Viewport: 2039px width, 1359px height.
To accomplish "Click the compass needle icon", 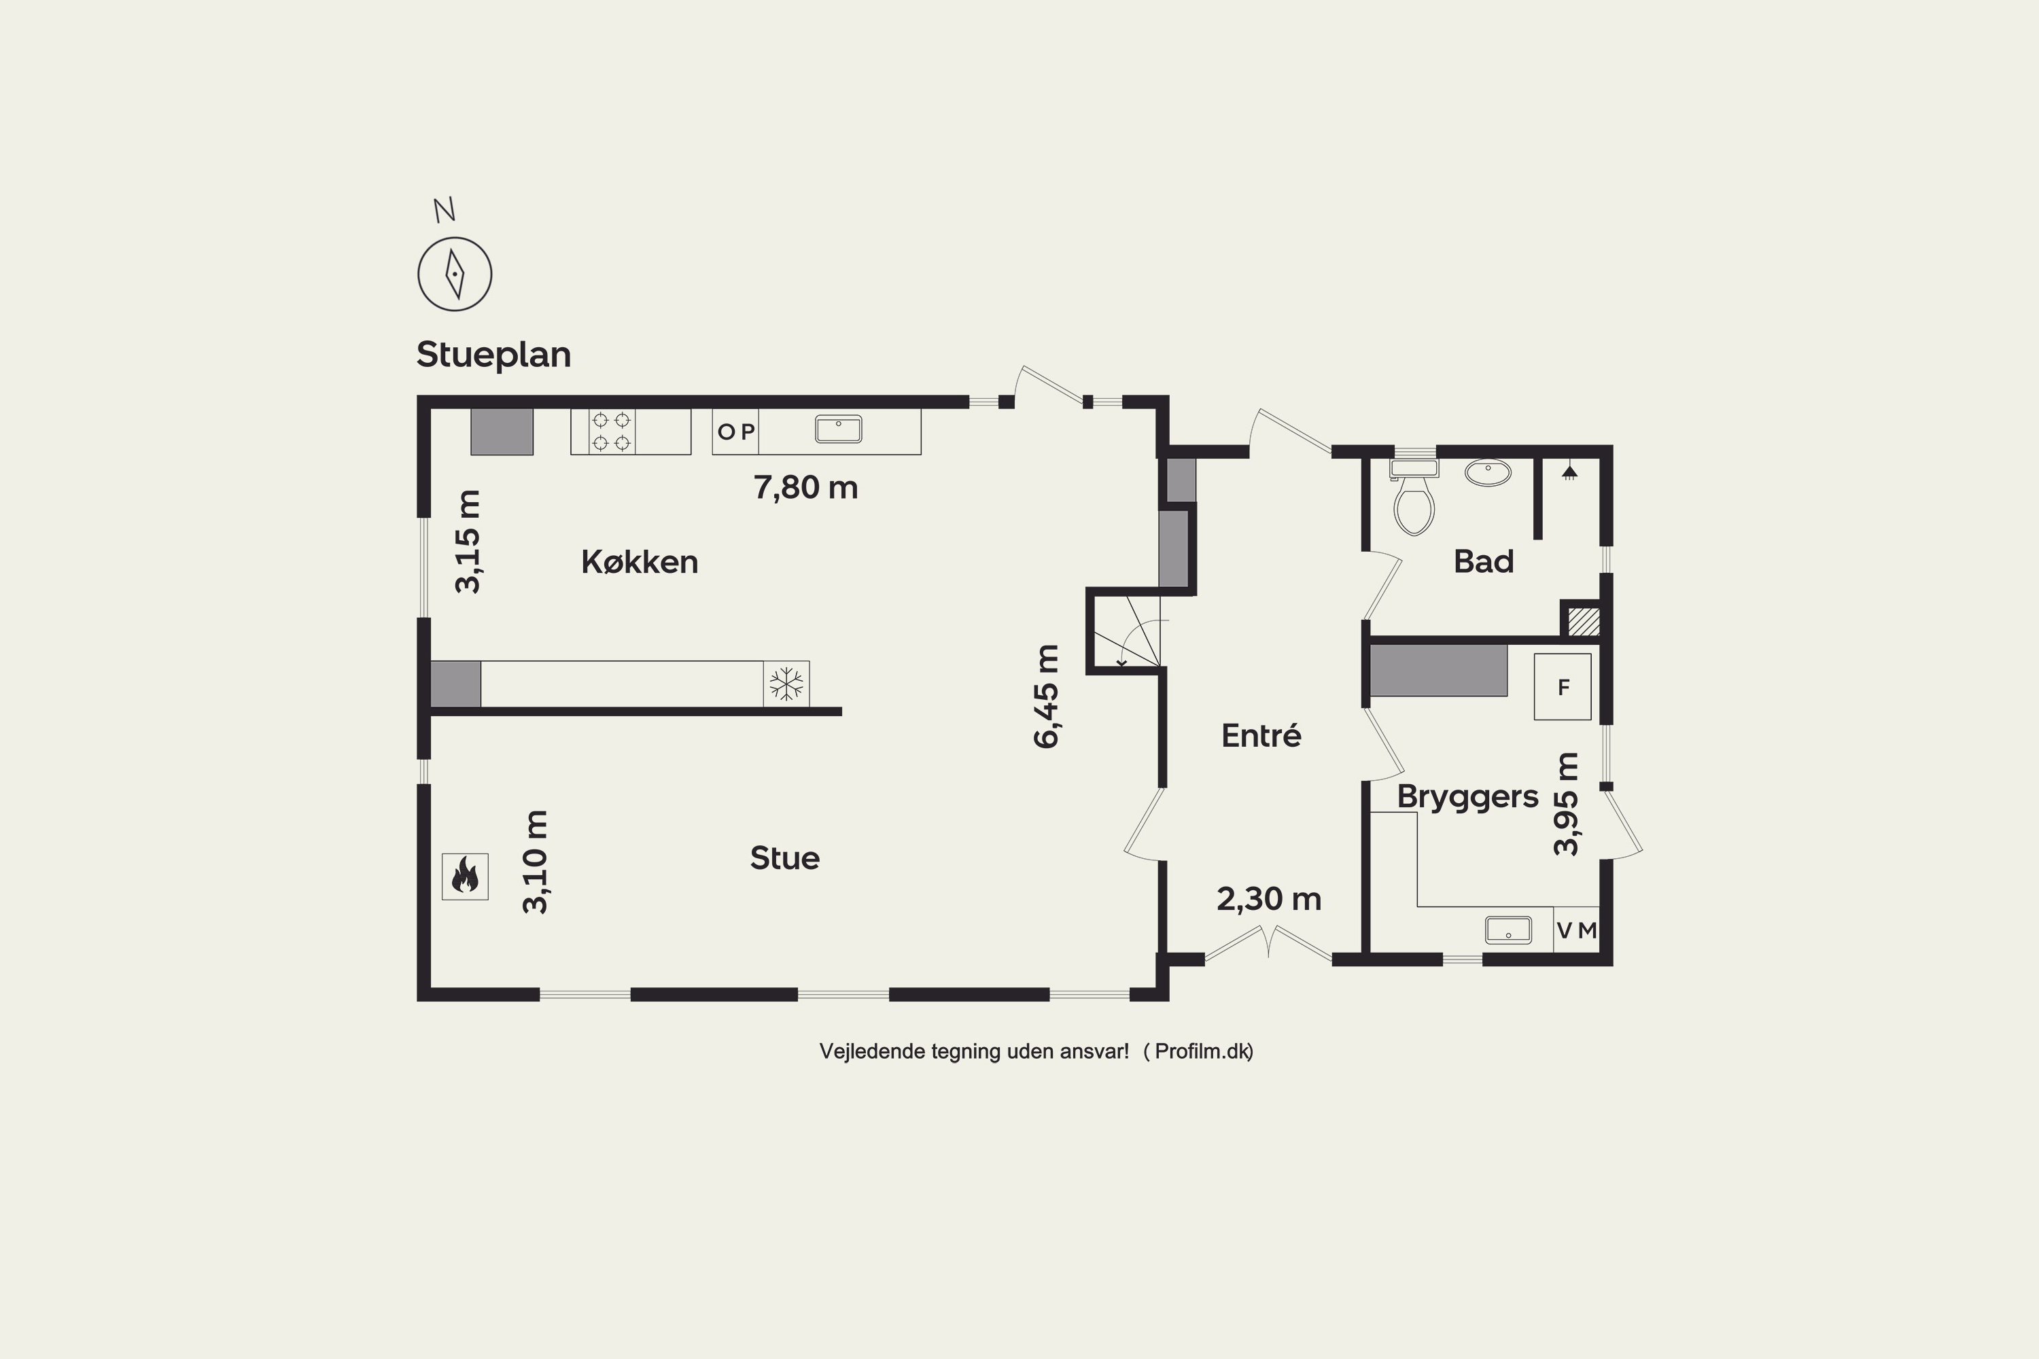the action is [454, 274].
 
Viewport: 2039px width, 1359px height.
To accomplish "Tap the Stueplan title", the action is [493, 355].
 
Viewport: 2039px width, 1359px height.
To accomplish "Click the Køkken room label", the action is [640, 562].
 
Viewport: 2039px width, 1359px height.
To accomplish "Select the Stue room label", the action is [784, 858].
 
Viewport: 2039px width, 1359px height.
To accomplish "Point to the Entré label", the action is [1261, 735].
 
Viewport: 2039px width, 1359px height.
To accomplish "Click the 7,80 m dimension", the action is [806, 487].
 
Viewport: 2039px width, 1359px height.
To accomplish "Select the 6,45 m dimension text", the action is [1047, 696].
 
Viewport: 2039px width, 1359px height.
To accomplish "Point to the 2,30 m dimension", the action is [1269, 899].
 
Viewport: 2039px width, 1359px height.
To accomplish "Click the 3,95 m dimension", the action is [1567, 805].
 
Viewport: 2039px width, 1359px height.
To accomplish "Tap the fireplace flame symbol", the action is [465, 877].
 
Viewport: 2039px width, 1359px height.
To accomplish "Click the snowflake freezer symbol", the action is [786, 684].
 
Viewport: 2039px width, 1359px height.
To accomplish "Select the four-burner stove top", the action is [611, 431].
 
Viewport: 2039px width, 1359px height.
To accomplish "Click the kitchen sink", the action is [838, 429].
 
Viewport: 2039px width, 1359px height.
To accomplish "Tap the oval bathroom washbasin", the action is [1488, 472].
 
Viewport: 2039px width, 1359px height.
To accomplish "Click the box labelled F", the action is [1562, 686].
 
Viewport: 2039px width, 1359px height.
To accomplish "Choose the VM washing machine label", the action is [1577, 931].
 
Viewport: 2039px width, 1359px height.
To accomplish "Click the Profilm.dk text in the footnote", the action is [1202, 1051].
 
